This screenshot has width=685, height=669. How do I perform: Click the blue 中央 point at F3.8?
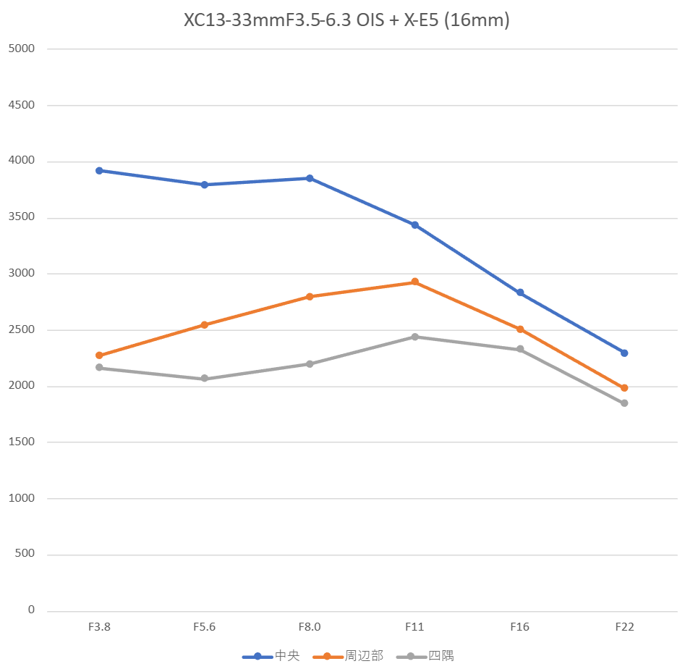point(99,171)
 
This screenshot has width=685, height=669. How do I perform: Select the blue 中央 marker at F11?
point(414,225)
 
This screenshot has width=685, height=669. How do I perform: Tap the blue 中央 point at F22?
point(624,353)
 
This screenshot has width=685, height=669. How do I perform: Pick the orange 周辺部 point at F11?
point(414,282)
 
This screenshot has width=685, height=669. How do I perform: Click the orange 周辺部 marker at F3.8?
point(99,355)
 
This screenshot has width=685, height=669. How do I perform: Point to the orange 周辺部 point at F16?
point(520,329)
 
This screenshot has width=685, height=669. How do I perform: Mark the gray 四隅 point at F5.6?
point(205,379)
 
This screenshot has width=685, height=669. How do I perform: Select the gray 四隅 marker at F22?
point(624,403)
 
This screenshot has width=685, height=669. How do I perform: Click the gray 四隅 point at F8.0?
point(310,364)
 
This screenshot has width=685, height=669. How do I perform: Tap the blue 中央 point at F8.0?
point(310,178)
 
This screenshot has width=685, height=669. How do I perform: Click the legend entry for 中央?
point(271,657)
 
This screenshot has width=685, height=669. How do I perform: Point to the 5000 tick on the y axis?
point(21,49)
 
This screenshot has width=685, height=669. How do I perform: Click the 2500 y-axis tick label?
point(21,330)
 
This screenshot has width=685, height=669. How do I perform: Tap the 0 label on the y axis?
point(31,610)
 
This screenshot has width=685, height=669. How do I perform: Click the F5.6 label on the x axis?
point(205,627)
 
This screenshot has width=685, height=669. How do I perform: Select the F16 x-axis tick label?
point(520,627)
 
